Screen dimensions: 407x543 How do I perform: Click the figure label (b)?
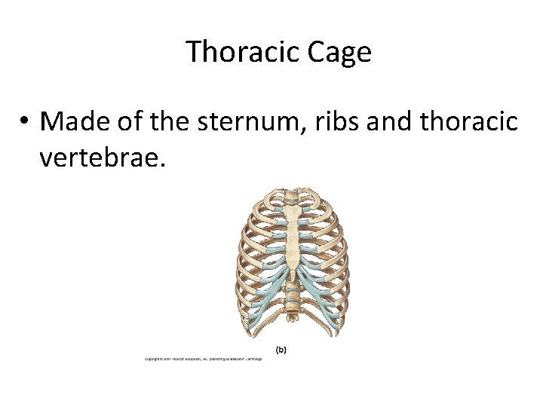click(x=281, y=349)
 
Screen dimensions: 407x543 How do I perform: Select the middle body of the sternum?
click(x=293, y=245)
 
